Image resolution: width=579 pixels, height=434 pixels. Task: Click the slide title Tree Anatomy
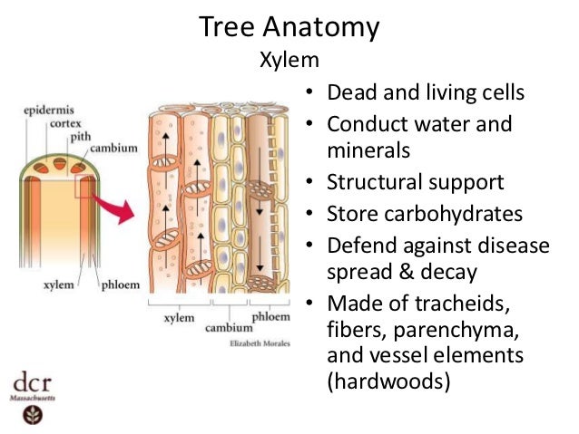(x=289, y=27)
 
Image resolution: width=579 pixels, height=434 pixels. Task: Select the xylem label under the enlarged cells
(x=178, y=319)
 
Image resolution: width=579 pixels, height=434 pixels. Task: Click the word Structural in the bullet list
(x=372, y=182)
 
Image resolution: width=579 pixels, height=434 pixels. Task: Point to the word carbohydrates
(x=450, y=214)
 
